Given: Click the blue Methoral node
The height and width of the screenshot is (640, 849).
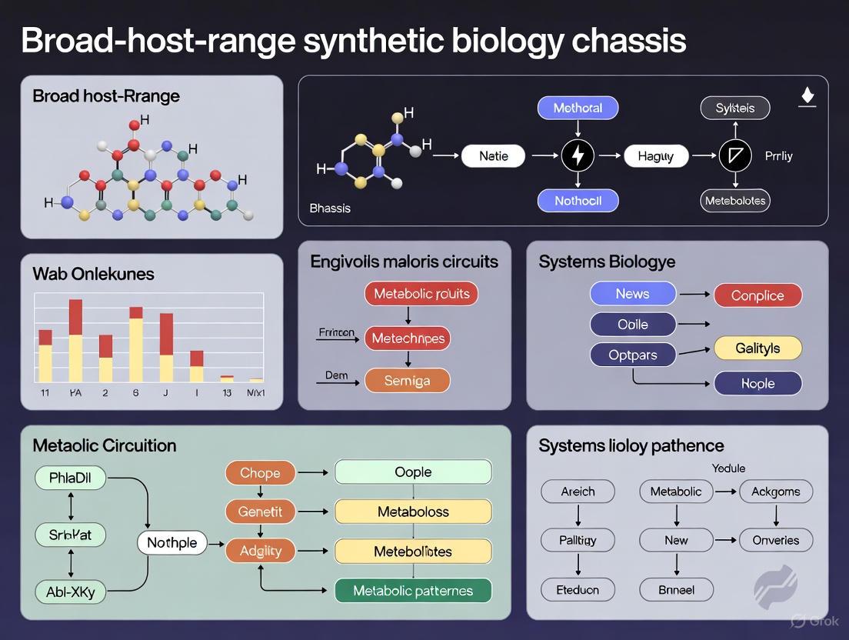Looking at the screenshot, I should [578, 108].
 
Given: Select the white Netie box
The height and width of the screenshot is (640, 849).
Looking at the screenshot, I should [493, 156].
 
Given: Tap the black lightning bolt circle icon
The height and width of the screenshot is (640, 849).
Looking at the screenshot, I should [578, 156].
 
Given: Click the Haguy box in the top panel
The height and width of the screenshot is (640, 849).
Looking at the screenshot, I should [655, 156].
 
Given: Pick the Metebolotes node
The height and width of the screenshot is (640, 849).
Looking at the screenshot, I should [735, 202].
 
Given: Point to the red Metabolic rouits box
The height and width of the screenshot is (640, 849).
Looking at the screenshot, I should [421, 293].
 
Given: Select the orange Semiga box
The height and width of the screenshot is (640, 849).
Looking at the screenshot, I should [407, 381].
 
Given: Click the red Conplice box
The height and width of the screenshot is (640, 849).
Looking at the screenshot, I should [757, 295].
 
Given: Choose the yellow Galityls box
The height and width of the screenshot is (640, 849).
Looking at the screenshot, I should [757, 348].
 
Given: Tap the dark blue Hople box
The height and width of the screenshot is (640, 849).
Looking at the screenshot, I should [757, 383].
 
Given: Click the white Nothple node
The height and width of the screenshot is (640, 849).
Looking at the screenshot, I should [171, 543].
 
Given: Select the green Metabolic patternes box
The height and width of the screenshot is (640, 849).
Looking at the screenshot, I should [413, 591].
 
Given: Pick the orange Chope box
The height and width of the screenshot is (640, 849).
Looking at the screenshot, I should [260, 472].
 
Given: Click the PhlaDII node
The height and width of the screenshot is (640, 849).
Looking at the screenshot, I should [70, 478].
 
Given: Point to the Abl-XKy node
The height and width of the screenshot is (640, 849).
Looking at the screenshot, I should [70, 592].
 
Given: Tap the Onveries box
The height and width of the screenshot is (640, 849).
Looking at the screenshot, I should [775, 540].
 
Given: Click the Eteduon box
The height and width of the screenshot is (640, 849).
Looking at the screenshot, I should [578, 590].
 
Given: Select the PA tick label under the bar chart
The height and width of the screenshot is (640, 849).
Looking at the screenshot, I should [75, 392].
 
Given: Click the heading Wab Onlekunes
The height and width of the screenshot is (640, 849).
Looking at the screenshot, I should [93, 273].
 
